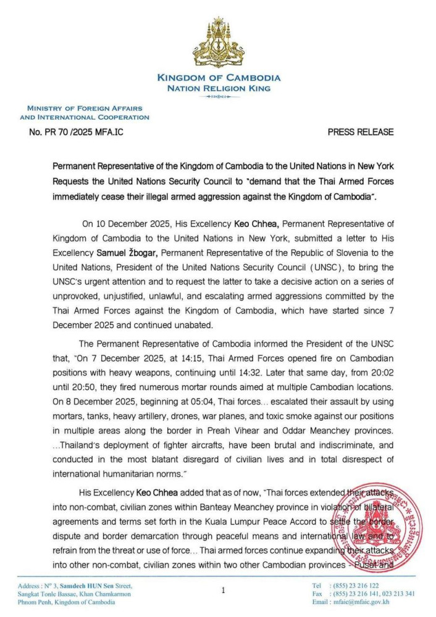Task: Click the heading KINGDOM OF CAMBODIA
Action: pyautogui.click(x=219, y=78)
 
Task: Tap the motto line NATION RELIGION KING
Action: pyautogui.click(x=219, y=88)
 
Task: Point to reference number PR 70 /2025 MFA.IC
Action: pyautogui.click(x=76, y=132)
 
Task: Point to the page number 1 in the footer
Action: pyautogui.click(x=223, y=590)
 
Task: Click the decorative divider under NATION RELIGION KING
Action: pyautogui.click(x=218, y=97)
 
